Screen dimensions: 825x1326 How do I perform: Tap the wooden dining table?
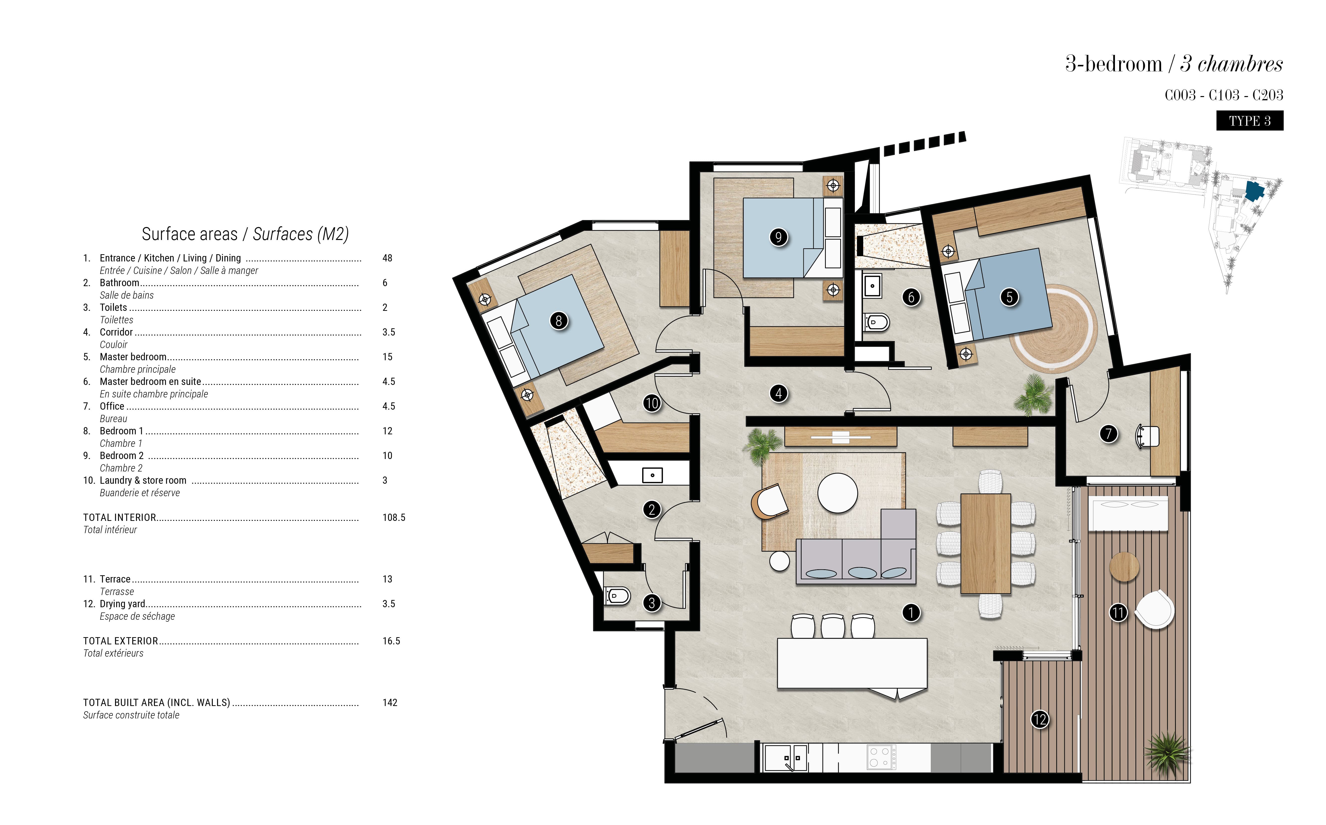pos(985,543)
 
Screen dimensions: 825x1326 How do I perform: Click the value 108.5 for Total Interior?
pos(393,517)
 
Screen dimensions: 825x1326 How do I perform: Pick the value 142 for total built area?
pos(390,702)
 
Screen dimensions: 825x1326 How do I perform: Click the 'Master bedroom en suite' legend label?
pos(150,381)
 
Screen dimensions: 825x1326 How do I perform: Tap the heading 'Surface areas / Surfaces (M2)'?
pos(245,234)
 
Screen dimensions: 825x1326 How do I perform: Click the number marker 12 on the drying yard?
pos(1040,719)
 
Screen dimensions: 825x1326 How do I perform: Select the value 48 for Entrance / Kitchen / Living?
pos(387,258)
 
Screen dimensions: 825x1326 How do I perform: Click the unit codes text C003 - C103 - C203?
pos(1223,95)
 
